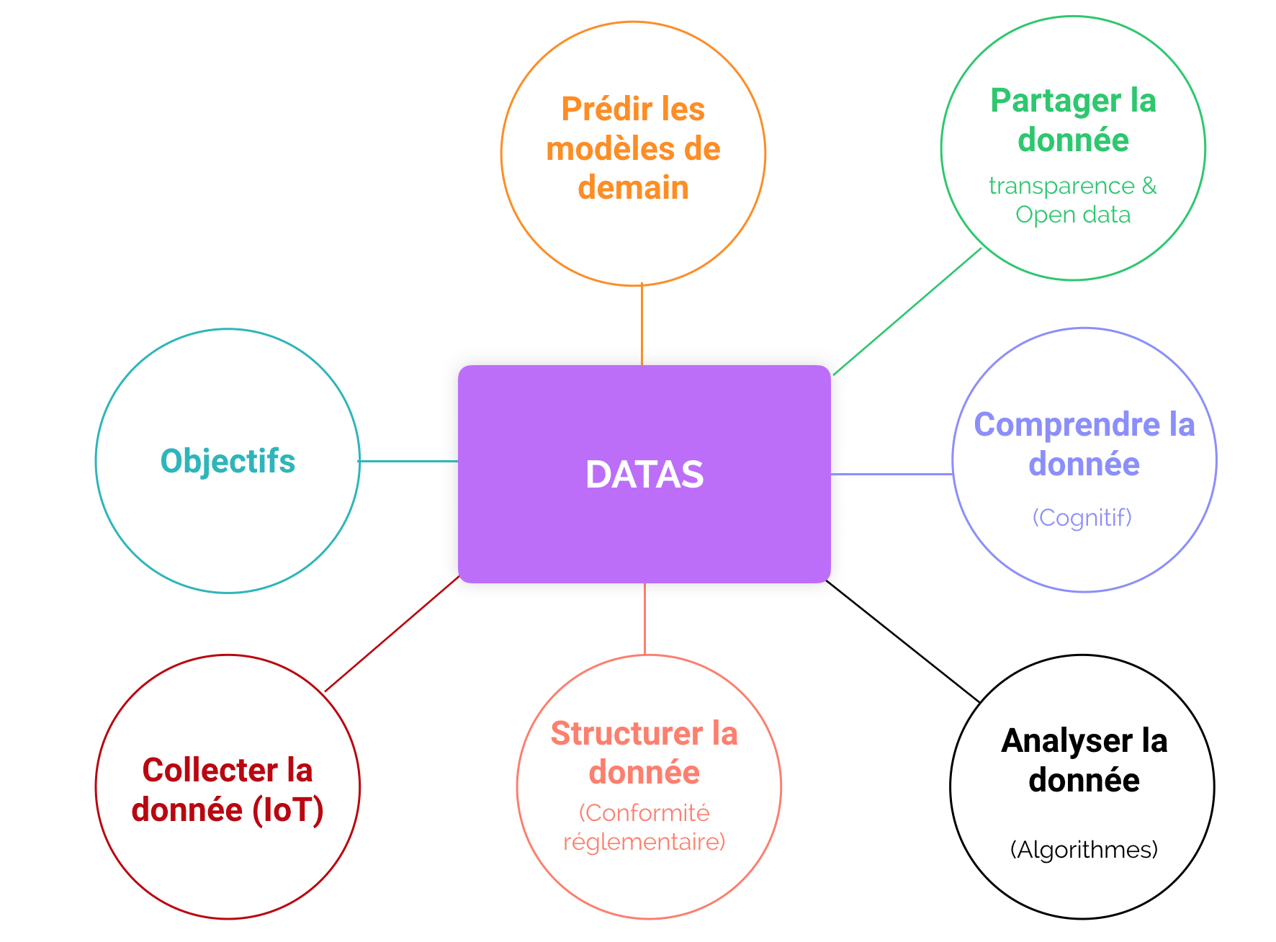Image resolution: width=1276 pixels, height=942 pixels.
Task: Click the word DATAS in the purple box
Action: [644, 475]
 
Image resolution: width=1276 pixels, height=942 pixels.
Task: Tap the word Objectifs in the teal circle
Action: [228, 462]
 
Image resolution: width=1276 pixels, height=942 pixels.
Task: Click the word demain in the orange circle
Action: [633, 187]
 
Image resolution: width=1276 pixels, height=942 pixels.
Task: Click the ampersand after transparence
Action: [1149, 186]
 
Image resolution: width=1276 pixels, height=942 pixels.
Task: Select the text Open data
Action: [1073, 215]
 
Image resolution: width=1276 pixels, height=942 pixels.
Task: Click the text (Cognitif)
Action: [1082, 517]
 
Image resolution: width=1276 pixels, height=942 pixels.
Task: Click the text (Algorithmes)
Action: [1084, 850]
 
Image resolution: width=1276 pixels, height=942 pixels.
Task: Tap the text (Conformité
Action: [644, 813]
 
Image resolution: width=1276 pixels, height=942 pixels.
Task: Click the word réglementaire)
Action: [644, 842]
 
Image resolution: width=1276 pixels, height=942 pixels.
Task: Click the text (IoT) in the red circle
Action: [287, 810]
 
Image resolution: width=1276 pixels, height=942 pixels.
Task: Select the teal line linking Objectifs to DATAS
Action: [408, 461]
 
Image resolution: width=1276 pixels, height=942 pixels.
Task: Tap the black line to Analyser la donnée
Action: [903, 641]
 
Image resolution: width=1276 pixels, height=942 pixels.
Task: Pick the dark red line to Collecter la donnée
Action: [392, 634]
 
